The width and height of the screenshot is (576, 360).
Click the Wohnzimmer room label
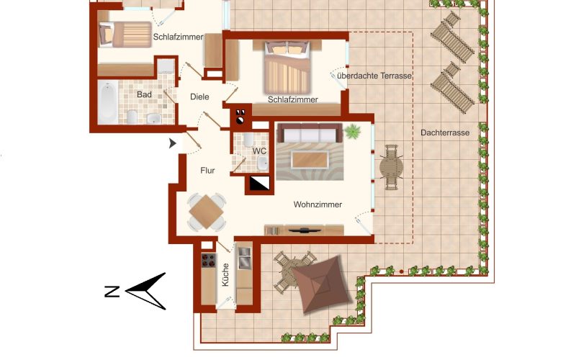[318, 204]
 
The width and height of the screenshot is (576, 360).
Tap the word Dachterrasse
[445, 132]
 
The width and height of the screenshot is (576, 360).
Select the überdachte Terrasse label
[374, 76]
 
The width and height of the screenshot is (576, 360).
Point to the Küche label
[225, 275]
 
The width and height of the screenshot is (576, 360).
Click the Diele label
[199, 97]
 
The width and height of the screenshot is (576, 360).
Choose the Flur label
[207, 171]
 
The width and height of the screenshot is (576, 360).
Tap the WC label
[259, 151]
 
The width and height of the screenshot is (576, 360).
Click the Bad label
[144, 94]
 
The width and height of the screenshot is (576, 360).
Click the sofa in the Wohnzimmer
[310, 133]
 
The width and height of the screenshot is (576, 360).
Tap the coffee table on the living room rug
[310, 160]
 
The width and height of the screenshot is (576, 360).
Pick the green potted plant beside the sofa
[353, 131]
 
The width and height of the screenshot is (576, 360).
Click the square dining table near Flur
[206, 212]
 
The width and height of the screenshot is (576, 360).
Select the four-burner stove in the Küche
[209, 261]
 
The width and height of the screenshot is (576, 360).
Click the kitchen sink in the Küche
[244, 258]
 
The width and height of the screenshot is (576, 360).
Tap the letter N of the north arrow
[112, 292]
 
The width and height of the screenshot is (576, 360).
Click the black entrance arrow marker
[173, 143]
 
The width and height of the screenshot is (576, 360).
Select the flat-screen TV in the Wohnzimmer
[305, 230]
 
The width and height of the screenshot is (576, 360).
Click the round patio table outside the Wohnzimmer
[391, 168]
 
